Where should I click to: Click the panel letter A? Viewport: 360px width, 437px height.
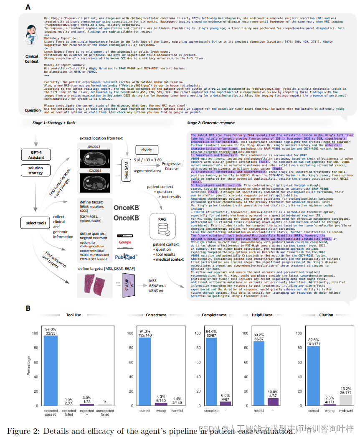28,7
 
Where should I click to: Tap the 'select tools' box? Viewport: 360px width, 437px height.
36,223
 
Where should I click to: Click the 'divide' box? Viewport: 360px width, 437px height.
147,150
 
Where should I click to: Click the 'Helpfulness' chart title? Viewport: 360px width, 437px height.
262,315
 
